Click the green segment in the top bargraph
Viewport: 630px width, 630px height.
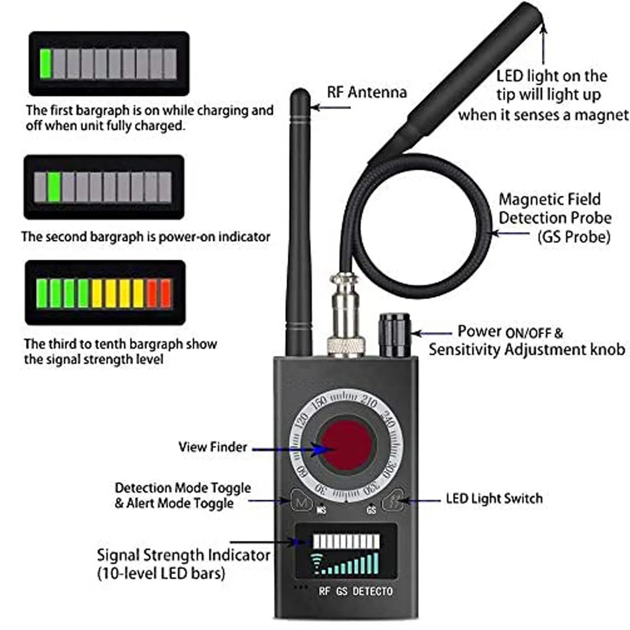coord(45,63)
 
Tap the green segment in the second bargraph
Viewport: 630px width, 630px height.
coord(54,187)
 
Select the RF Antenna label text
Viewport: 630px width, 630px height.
coord(367,92)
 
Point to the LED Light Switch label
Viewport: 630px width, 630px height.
coord(494,499)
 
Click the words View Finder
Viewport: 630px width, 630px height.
coord(213,446)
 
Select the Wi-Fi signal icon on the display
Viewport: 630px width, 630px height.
coord(318,564)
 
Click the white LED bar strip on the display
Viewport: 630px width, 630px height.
coord(346,541)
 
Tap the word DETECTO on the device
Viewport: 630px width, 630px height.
coord(372,591)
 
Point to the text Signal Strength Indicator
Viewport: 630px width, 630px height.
coord(183,555)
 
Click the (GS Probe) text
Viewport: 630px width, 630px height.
coord(573,237)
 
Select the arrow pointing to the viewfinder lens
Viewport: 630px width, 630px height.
coord(294,449)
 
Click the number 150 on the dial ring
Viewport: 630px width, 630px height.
coord(320,401)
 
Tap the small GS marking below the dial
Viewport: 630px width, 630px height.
coord(371,510)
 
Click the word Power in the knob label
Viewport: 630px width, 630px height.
coord(479,331)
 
